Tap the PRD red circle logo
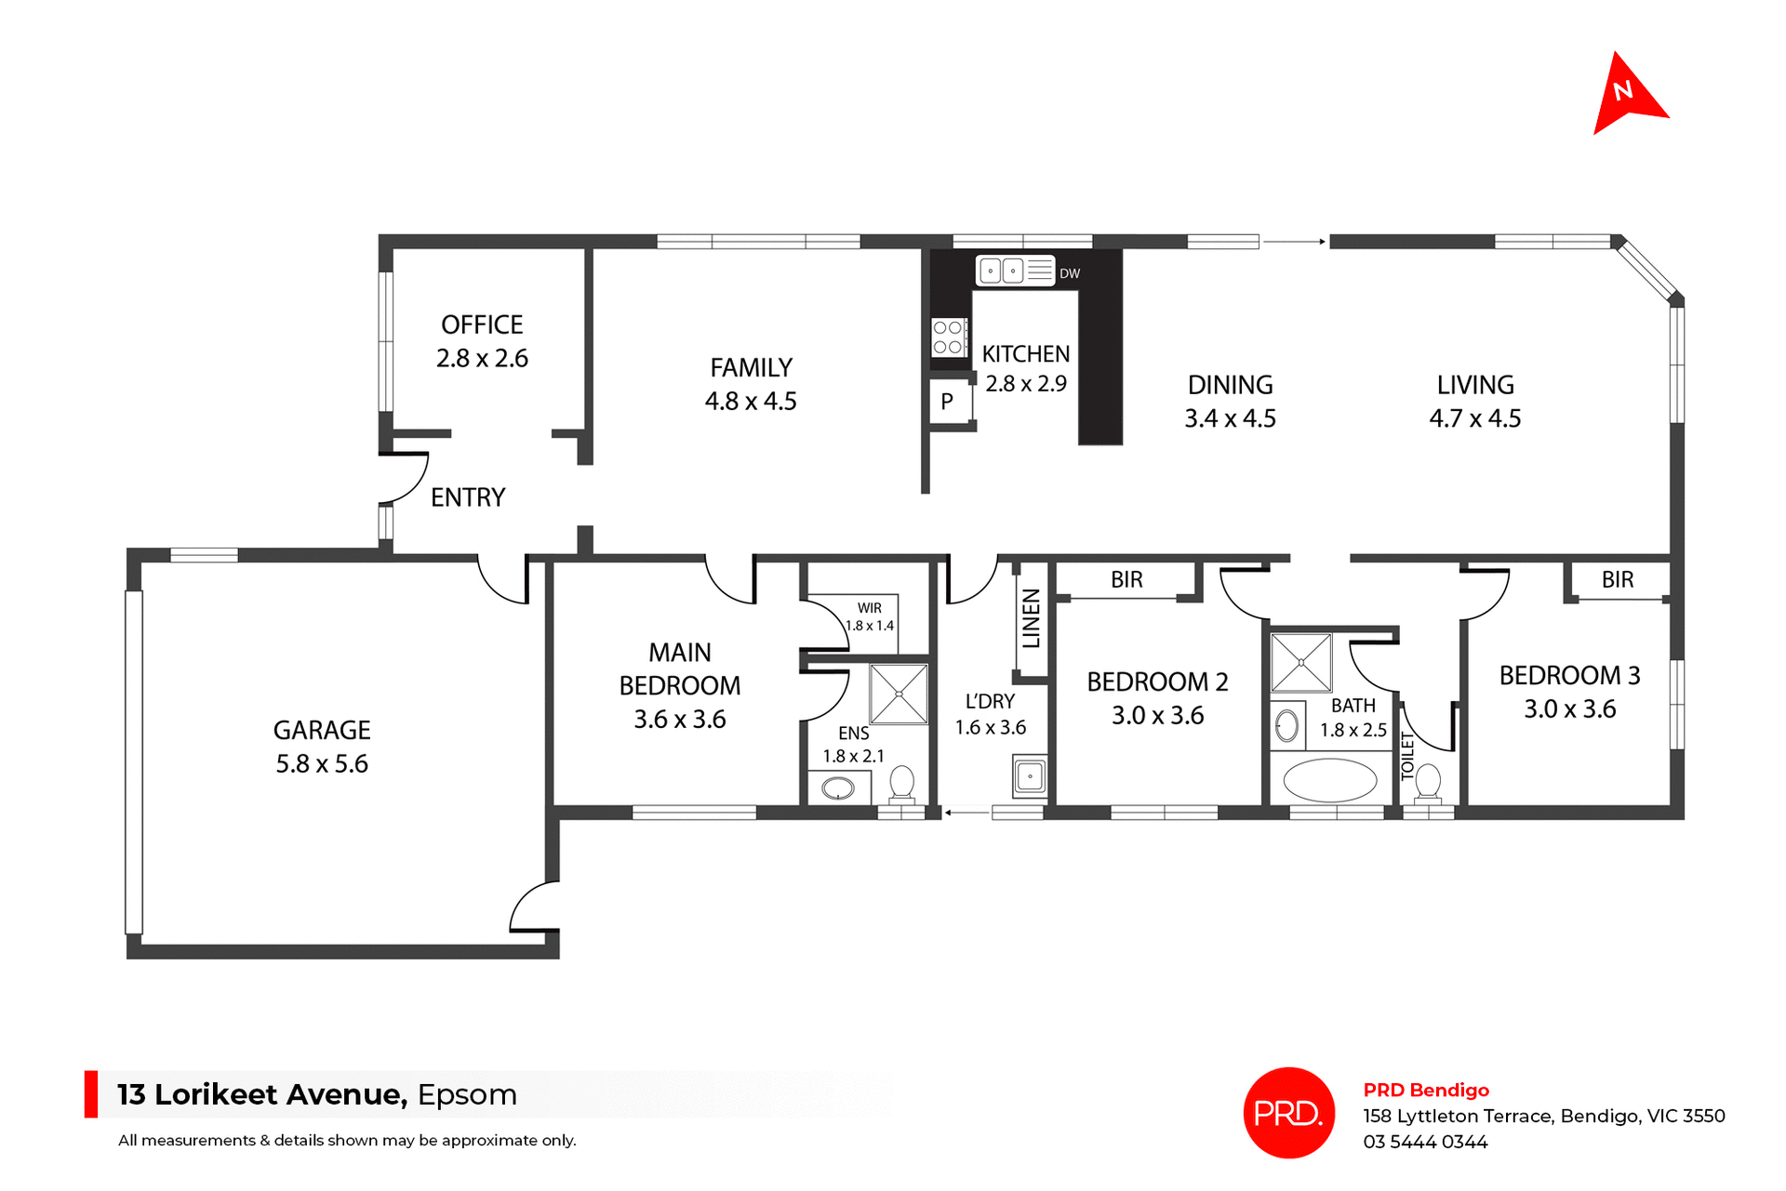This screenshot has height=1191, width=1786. pyautogui.click(x=1288, y=1112)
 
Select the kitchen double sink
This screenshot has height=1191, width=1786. pyautogui.click(x=1002, y=271)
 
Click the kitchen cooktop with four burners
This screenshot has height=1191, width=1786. pyautogui.click(x=948, y=337)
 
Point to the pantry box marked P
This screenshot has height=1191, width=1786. pyautogui.click(x=948, y=402)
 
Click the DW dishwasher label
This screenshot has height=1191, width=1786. pyautogui.click(x=1070, y=273)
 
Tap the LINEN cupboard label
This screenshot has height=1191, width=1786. pyautogui.click(x=1031, y=618)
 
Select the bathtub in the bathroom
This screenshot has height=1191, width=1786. pyautogui.click(x=1329, y=780)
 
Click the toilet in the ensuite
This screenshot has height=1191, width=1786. pyautogui.click(x=901, y=783)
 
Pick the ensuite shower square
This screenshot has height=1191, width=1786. pyautogui.click(x=899, y=694)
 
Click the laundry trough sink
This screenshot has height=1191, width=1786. pyautogui.click(x=1030, y=775)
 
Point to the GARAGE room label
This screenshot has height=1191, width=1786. pyautogui.click(x=322, y=730)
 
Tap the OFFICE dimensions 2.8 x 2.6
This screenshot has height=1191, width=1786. pyautogui.click(x=482, y=358)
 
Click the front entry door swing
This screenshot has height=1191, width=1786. pyautogui.click(x=405, y=477)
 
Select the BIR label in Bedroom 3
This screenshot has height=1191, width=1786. pyautogui.click(x=1618, y=579)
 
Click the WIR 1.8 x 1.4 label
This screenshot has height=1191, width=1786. pyautogui.click(x=870, y=616)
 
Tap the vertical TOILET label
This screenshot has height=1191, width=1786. pyautogui.click(x=1407, y=755)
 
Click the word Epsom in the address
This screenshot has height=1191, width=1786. pyautogui.click(x=467, y=1094)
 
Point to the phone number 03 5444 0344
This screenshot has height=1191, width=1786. pyautogui.click(x=1425, y=1142)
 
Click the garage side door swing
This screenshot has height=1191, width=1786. pyautogui.click(x=533, y=906)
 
